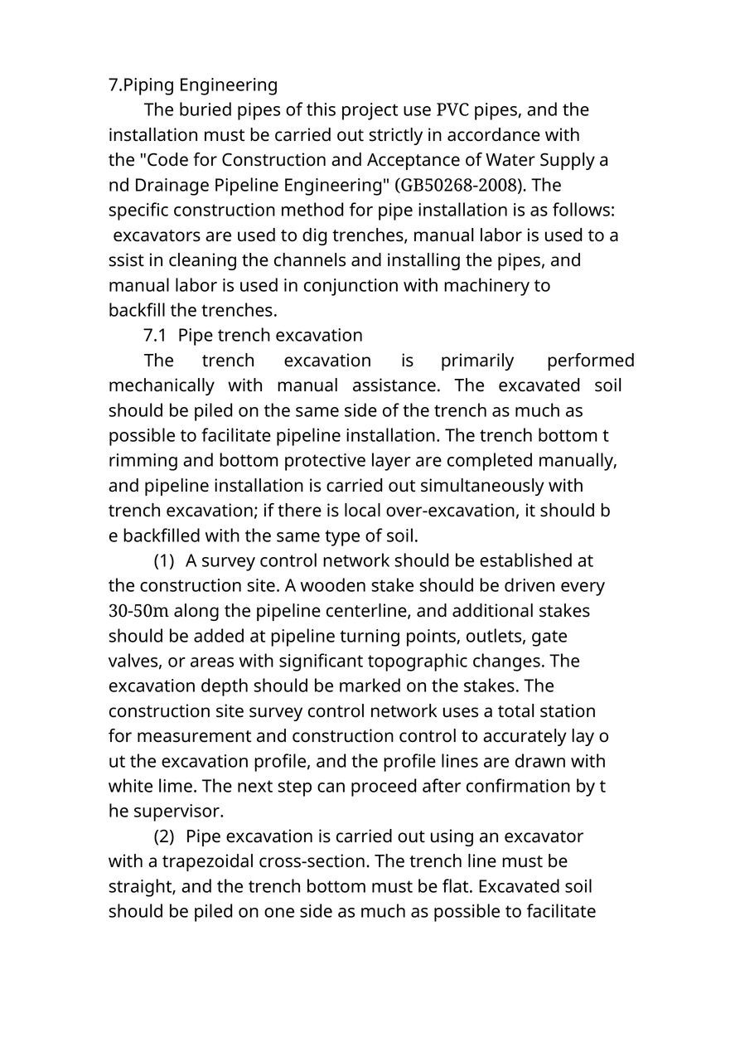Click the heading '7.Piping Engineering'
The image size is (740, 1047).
pos(193,85)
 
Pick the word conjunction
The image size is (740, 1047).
pos(351,285)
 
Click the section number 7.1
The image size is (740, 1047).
pos(156,335)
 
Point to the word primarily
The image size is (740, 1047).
pos(476,361)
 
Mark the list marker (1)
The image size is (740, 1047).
pos(164,561)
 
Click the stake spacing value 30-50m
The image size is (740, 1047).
pos(138,611)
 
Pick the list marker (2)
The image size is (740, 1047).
pos(164,836)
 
